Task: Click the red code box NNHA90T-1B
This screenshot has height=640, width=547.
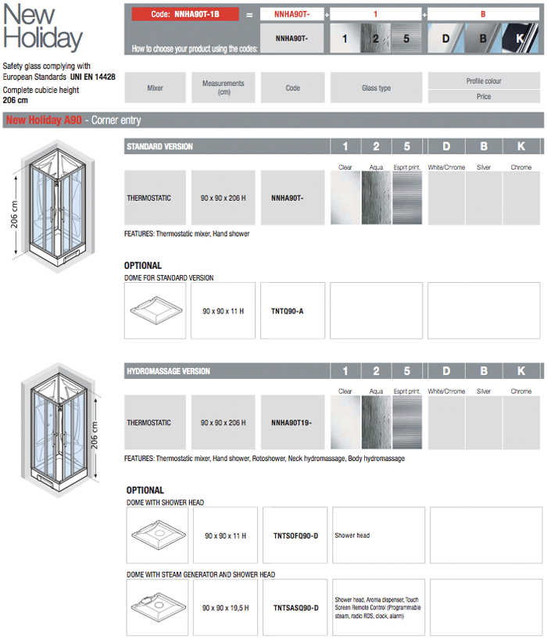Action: pyautogui.click(x=187, y=14)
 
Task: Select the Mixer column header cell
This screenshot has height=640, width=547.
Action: pyautogui.click(x=155, y=88)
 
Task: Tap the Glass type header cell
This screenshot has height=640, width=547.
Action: pyautogui.click(x=376, y=88)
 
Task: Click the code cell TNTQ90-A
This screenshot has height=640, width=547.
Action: pyautogui.click(x=292, y=311)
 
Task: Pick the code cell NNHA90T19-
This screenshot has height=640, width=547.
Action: pyautogui.click(x=292, y=423)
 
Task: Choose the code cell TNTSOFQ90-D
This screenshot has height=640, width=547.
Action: pyautogui.click(x=295, y=536)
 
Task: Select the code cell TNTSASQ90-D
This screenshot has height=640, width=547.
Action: pyautogui.click(x=295, y=607)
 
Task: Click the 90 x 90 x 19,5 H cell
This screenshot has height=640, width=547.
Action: pyautogui.click(x=225, y=607)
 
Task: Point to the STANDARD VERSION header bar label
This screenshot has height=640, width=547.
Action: pyautogui.click(x=159, y=147)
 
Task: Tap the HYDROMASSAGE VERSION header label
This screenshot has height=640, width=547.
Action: pyautogui.click(x=168, y=371)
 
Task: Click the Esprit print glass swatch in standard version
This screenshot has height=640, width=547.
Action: pyautogui.click(x=407, y=198)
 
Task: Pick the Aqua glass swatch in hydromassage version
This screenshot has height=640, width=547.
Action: pyautogui.click(x=376, y=423)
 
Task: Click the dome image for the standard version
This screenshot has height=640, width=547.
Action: pyautogui.click(x=155, y=311)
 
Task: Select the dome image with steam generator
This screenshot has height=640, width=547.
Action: pyautogui.click(x=157, y=607)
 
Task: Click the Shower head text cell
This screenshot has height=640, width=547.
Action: pyautogui.click(x=352, y=536)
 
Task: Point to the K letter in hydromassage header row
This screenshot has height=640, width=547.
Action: pyautogui.click(x=521, y=371)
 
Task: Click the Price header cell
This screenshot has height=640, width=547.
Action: pyautogui.click(x=484, y=97)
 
